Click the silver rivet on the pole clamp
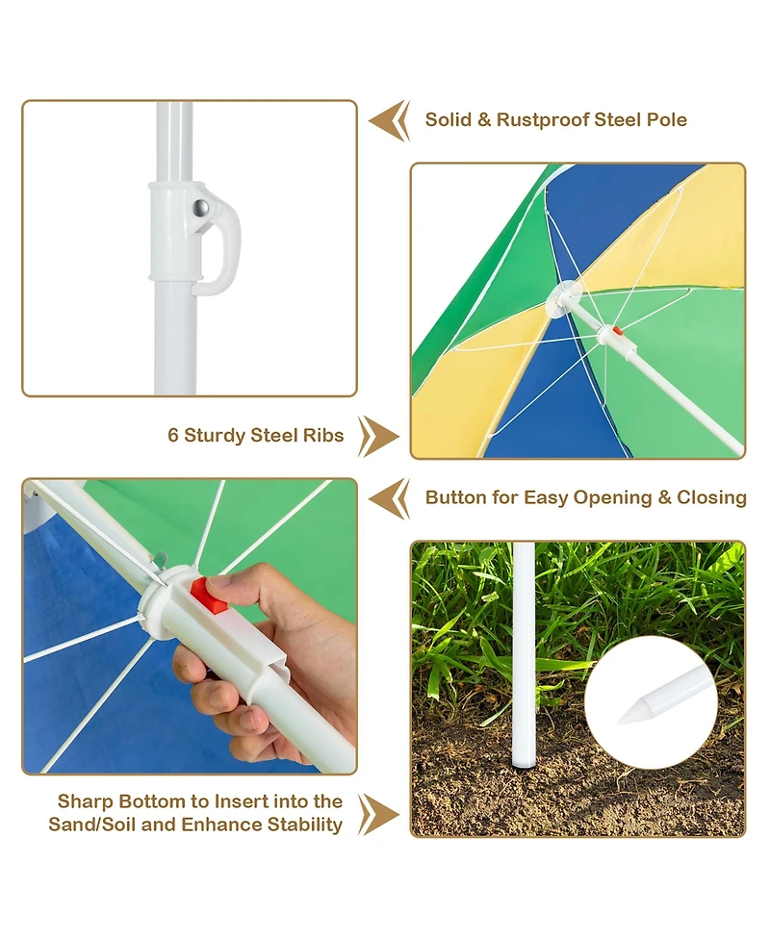(x=201, y=208)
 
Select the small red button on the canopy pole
(x=616, y=330)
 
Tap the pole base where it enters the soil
(x=525, y=761)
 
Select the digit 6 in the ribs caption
(x=173, y=435)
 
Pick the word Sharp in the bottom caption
(x=85, y=802)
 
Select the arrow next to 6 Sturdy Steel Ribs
(x=378, y=437)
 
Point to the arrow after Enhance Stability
(x=378, y=815)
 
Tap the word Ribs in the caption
(x=323, y=435)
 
